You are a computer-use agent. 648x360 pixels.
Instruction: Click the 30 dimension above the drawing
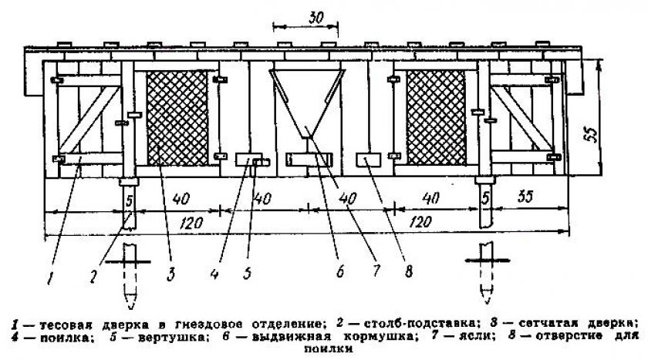tap(306, 17)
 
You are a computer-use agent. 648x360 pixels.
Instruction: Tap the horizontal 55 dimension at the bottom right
tap(526, 198)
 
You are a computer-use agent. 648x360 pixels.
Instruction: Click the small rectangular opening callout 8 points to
tap(366, 160)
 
